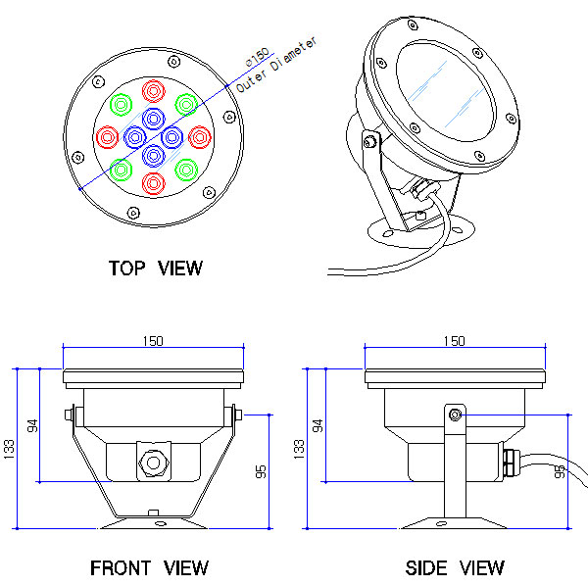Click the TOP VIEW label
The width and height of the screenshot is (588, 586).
point(156,268)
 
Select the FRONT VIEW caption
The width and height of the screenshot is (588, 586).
point(149,567)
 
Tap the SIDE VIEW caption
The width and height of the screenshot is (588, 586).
point(455,567)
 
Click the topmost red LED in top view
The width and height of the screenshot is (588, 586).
point(154,92)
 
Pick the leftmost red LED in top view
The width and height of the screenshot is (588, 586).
point(108,136)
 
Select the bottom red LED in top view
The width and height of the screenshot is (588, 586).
point(154,183)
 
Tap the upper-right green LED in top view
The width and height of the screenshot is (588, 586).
point(186,104)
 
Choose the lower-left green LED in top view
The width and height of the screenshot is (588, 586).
point(122,170)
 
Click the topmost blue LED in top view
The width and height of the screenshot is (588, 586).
point(154,119)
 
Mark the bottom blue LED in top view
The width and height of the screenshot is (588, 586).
point(154,155)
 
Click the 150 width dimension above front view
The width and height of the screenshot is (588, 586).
point(152,340)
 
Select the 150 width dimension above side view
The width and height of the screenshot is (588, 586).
point(454,340)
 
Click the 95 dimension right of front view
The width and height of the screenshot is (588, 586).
point(261,471)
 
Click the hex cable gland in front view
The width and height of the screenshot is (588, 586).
point(151,461)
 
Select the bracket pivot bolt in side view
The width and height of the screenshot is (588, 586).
point(455,415)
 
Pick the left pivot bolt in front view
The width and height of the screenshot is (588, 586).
point(69,415)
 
